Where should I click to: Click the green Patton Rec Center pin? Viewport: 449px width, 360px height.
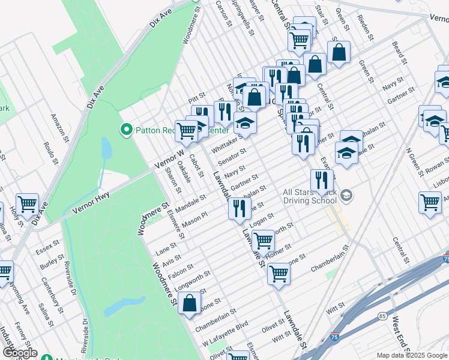point(127,129)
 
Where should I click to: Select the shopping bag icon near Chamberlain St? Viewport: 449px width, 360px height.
point(190,304)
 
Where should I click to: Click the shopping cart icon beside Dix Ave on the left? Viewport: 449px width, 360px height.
point(28,205)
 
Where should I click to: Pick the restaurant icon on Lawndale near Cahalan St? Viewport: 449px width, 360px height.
point(239,208)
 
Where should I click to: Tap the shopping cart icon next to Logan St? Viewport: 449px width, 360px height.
point(262,241)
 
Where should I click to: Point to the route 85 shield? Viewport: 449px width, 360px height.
point(382,315)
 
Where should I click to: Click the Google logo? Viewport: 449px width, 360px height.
point(19,353)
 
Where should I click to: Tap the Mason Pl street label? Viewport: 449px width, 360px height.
point(194,222)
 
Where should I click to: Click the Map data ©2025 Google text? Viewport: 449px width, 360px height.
point(411,355)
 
